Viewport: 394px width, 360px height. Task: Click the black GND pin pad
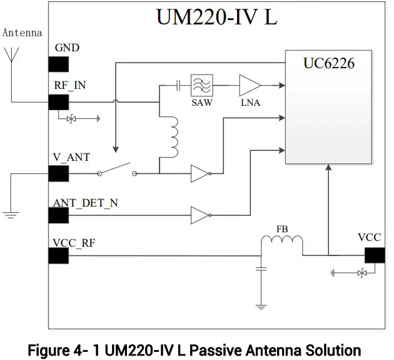[x=58, y=64]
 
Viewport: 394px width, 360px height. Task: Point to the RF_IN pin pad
[x=58, y=101]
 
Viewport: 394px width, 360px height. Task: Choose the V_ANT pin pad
[x=58, y=173]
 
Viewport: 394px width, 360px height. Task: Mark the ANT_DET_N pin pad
[x=58, y=215]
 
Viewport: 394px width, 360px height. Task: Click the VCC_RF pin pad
[x=58, y=255]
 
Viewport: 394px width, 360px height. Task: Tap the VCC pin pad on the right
[x=374, y=255]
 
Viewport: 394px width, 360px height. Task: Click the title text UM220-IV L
[x=216, y=17]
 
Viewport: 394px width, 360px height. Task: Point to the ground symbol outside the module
[x=11, y=215]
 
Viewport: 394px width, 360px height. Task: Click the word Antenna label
[x=23, y=33]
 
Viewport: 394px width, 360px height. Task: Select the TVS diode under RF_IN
[x=71, y=117]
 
